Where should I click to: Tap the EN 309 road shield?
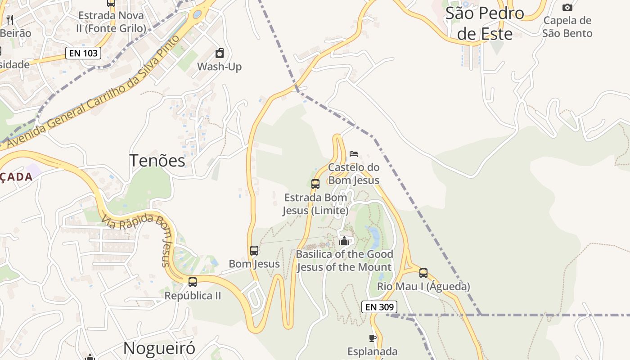click(379, 307)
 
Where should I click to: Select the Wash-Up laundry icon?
click(220, 54)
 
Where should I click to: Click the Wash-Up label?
click(220, 67)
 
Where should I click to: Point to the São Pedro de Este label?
click(485, 23)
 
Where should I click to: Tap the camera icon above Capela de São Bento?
click(567, 7)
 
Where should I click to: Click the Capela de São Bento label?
click(567, 27)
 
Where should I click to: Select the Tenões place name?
click(157, 161)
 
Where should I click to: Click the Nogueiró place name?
click(159, 348)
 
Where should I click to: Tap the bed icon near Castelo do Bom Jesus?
click(354, 154)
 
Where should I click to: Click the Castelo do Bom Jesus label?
click(354, 174)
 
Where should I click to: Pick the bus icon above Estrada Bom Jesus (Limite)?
click(315, 184)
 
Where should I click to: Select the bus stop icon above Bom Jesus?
click(254, 251)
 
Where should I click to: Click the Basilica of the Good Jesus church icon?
click(344, 241)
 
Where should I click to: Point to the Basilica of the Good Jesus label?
click(344, 261)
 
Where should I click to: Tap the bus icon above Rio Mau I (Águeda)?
click(423, 273)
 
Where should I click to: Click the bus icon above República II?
click(193, 282)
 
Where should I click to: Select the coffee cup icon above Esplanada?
click(372, 338)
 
